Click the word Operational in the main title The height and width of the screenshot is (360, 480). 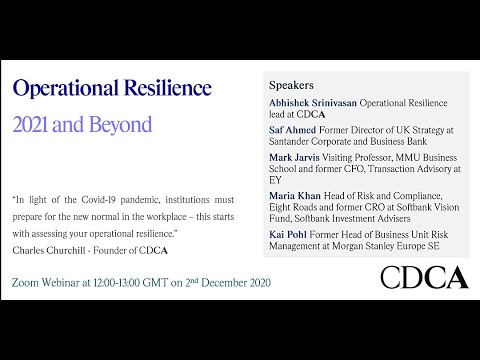coord(59,89)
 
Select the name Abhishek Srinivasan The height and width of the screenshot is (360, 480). coord(313,102)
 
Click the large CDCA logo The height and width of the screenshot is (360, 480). coord(425,278)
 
